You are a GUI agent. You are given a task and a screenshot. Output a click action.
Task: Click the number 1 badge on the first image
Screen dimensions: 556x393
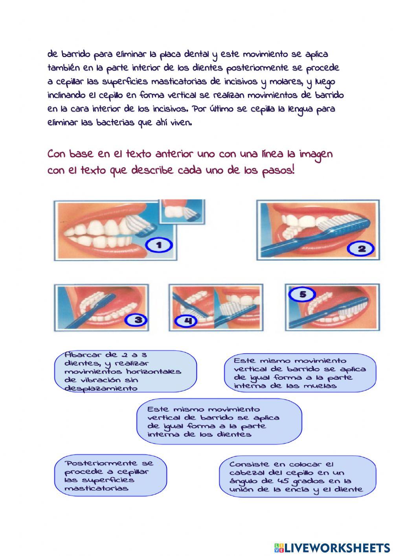point(159,246)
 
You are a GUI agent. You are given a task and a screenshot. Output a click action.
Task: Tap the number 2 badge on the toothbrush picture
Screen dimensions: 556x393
point(361,249)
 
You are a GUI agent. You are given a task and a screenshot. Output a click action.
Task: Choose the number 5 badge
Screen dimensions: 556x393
point(302,294)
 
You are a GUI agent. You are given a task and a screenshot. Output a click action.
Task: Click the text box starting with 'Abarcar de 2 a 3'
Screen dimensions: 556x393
point(125,371)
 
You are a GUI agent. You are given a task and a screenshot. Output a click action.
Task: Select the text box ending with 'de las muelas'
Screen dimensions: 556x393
point(300,373)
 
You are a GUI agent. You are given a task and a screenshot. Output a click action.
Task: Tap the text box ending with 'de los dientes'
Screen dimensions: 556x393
point(219,422)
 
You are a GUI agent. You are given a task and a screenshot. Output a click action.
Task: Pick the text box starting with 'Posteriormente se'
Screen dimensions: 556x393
point(110,476)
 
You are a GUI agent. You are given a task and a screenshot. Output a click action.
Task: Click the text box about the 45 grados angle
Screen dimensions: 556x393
point(297,477)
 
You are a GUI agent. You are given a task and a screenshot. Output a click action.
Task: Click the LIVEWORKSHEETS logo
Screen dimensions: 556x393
point(332,547)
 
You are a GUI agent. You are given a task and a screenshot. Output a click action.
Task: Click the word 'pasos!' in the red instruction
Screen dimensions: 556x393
point(278,171)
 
